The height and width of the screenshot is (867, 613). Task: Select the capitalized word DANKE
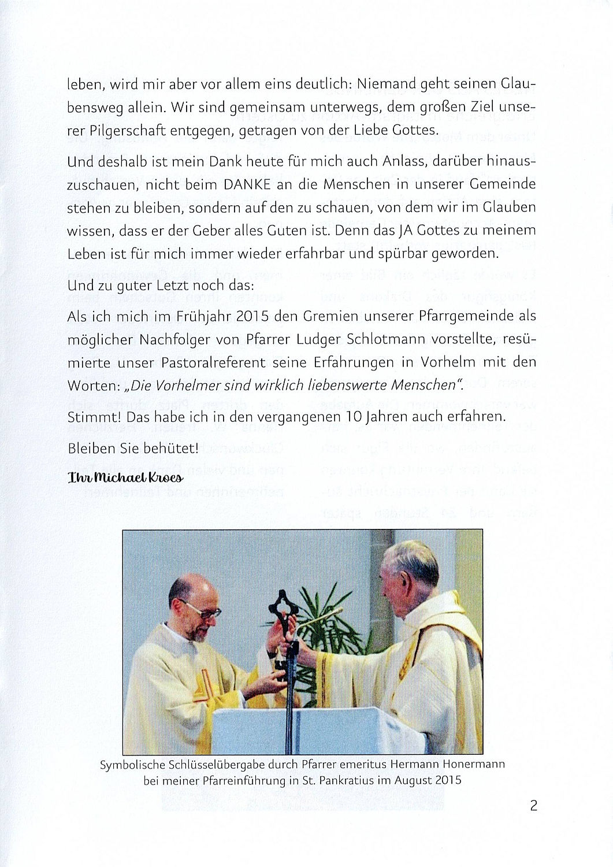click(245, 184)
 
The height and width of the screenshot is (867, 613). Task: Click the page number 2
click(533, 805)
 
